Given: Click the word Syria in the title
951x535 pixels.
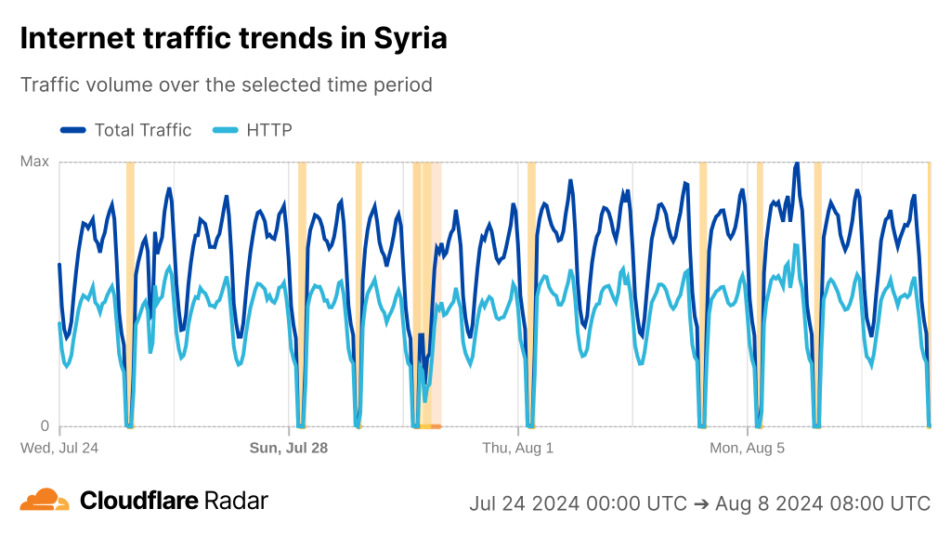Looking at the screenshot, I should [410, 38].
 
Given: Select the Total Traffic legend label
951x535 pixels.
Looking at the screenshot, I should [142, 130].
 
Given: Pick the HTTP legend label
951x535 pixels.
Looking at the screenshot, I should [269, 130].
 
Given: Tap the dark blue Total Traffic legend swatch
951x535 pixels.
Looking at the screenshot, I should [73, 130].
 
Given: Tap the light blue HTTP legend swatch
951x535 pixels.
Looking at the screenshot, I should [226, 130].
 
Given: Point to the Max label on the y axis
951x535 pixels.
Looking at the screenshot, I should [34, 162].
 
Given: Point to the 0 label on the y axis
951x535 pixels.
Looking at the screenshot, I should [44, 426].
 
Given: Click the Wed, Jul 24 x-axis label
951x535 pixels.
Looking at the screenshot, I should [59, 448].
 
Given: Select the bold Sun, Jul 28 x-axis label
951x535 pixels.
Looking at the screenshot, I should [289, 448].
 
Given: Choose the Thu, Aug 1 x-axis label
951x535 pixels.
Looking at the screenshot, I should [517, 448].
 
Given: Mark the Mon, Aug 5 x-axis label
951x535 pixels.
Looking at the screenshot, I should [747, 448].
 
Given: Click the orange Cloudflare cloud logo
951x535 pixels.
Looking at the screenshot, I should [45, 500].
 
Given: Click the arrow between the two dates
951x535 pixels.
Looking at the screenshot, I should [702, 503].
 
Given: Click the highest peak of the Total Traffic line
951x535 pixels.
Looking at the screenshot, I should [796, 163].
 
